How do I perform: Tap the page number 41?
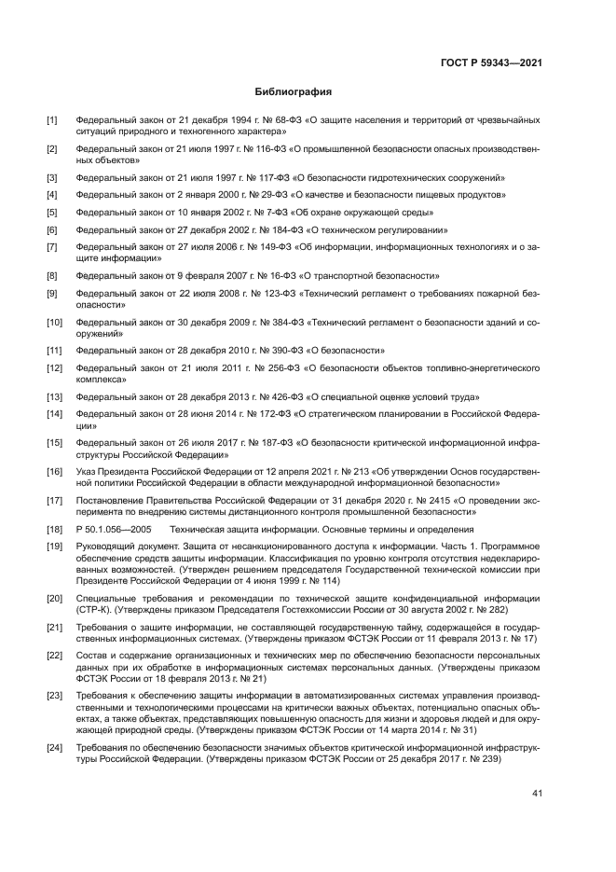(537, 795)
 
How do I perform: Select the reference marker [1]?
(53, 120)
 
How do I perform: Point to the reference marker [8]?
(53, 276)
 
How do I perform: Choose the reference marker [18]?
(55, 529)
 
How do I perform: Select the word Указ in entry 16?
(88, 472)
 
